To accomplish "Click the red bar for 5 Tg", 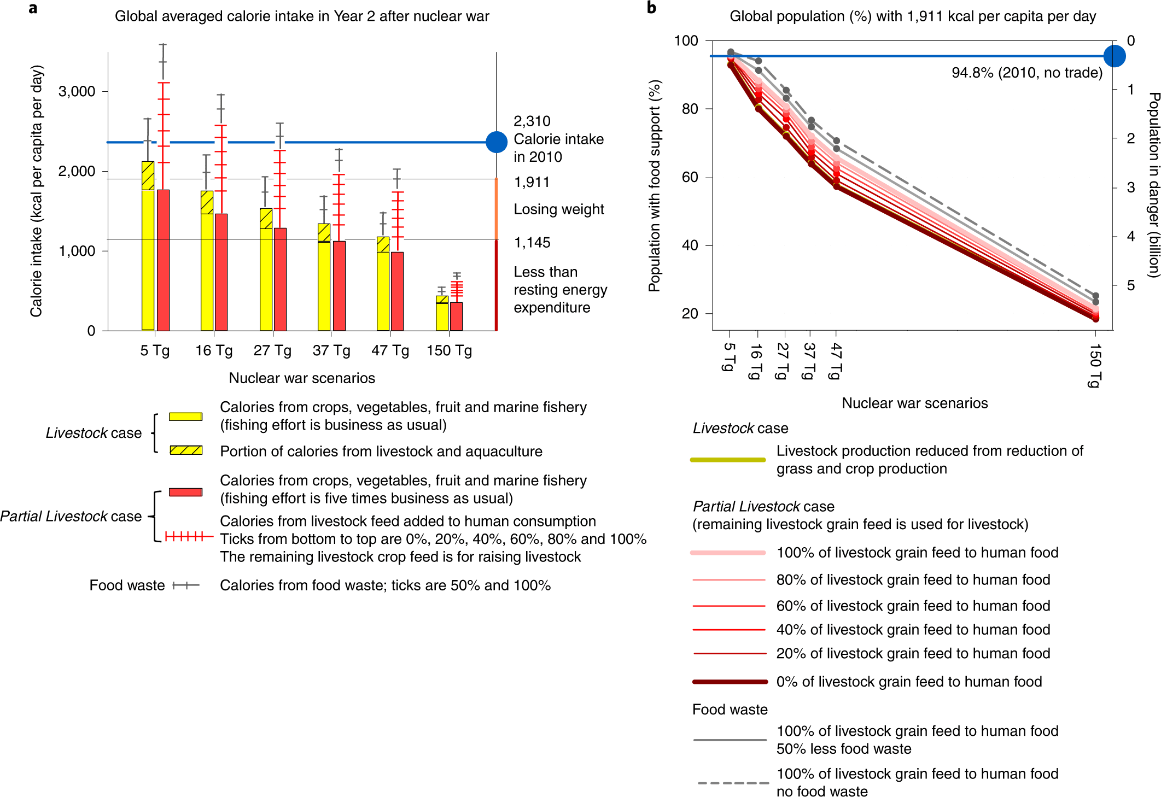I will click(163, 260).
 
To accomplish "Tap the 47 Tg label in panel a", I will click(390, 350).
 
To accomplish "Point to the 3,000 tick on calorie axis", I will click(77, 91).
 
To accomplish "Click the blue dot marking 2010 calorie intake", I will click(497, 142).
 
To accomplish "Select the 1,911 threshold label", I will click(532, 182).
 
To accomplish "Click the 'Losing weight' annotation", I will click(558, 209).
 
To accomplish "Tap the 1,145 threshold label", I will click(532, 243).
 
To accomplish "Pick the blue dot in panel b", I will click(1114, 56).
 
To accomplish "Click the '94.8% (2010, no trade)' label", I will click(1026, 73).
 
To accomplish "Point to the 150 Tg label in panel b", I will click(1094, 365).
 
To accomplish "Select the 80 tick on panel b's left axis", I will click(690, 109).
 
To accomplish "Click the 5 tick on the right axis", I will click(1130, 285).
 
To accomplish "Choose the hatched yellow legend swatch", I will click(186, 450).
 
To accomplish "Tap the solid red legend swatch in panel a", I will click(186, 492).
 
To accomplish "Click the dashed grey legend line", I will click(732, 783).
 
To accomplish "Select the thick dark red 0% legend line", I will click(730, 682).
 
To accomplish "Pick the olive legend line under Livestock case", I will click(728, 460).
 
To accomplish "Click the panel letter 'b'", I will click(651, 8).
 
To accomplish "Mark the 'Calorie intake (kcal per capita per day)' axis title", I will click(36, 191).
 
